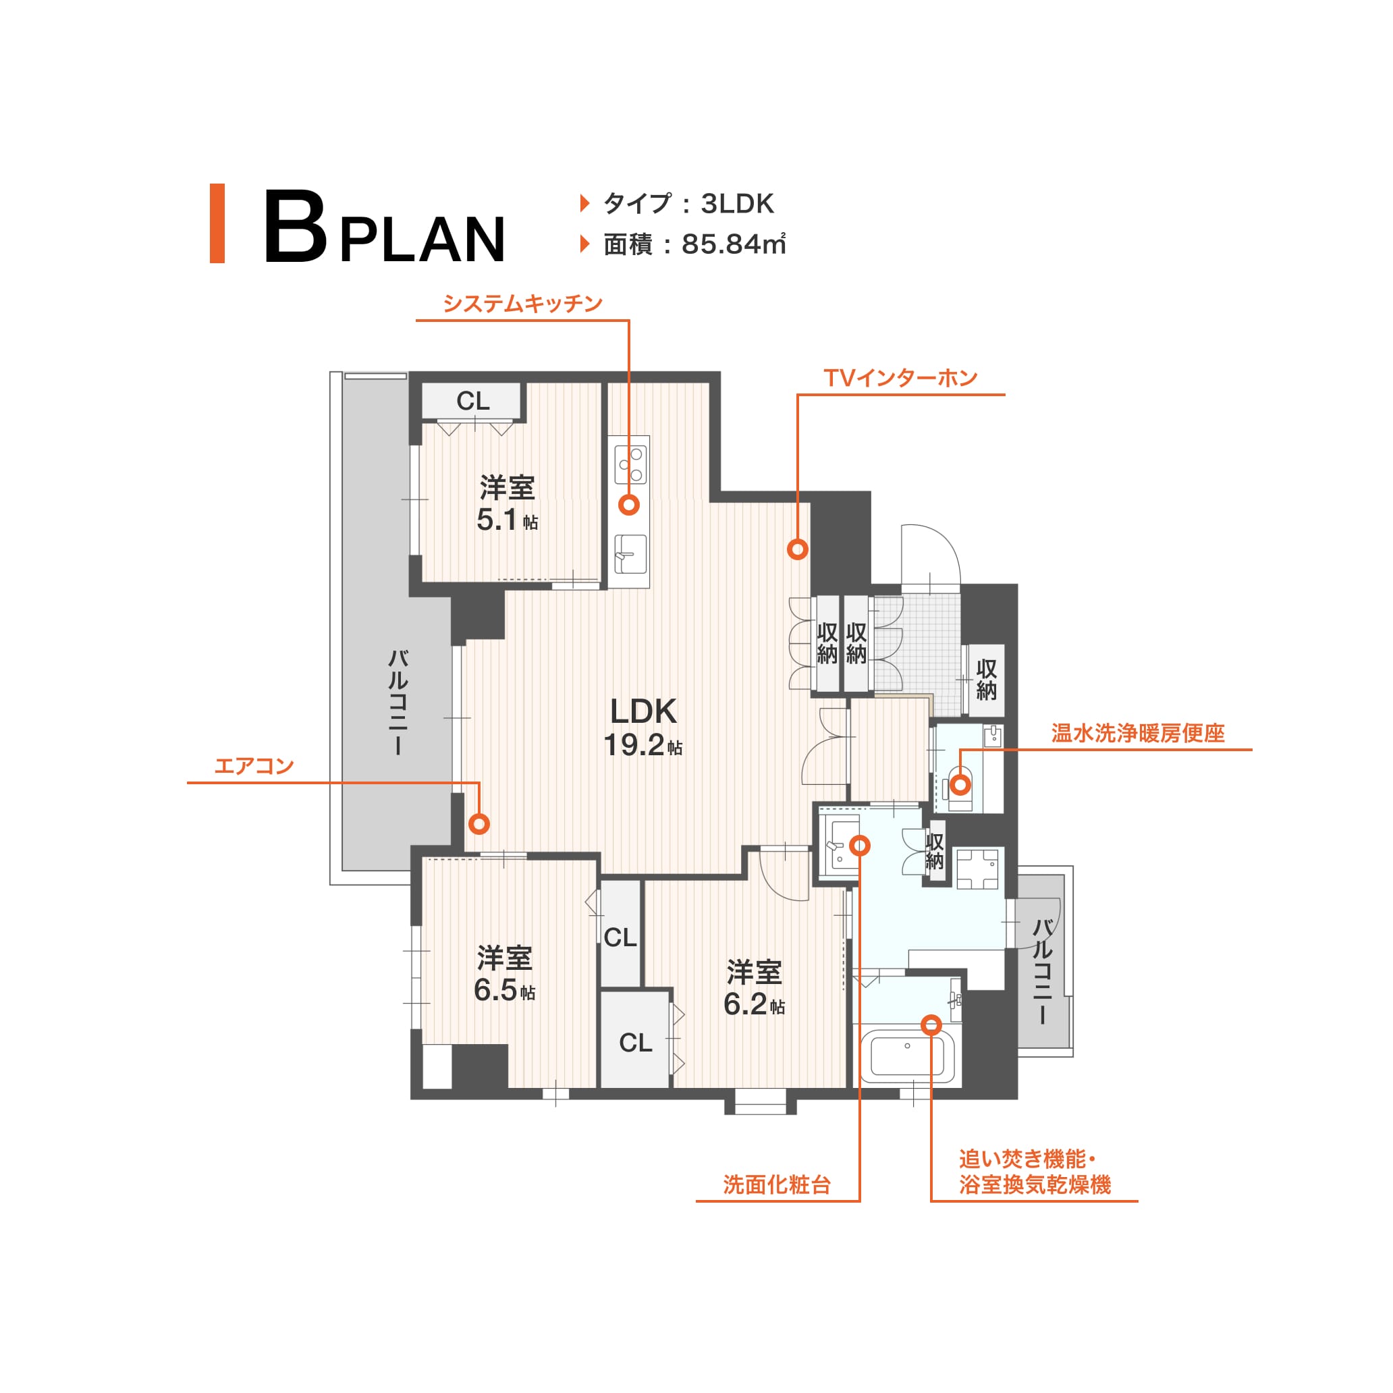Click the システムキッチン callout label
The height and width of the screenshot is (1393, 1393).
click(x=523, y=304)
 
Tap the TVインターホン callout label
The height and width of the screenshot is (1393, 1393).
click(x=900, y=378)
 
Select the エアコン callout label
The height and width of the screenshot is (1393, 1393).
click(x=254, y=766)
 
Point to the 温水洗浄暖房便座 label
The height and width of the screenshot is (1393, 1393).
click(x=1138, y=733)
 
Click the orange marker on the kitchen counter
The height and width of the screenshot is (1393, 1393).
click(x=630, y=505)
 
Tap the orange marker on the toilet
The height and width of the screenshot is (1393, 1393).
click(x=960, y=784)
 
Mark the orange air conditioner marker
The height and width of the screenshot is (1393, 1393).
click(x=479, y=823)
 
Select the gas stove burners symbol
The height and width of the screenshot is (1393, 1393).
click(x=630, y=464)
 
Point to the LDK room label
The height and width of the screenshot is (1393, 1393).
click(x=643, y=711)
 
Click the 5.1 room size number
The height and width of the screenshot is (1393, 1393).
click(x=497, y=520)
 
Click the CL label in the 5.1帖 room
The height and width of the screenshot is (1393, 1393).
click(x=473, y=401)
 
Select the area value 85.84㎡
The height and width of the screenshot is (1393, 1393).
click(x=733, y=244)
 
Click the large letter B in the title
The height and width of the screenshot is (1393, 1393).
click(x=295, y=226)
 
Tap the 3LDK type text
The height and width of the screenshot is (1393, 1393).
click(x=738, y=204)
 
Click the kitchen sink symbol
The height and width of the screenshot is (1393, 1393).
click(x=630, y=553)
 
